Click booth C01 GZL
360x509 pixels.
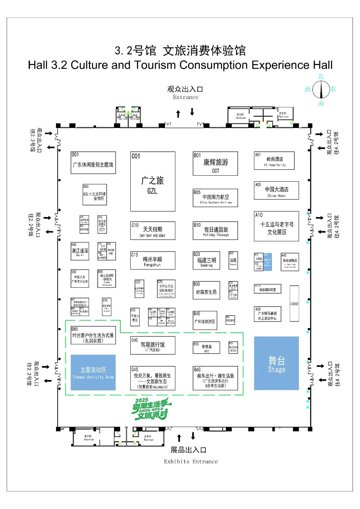point(153,182)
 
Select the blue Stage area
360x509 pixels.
point(276,363)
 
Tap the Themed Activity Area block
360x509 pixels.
point(93,373)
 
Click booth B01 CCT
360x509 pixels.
point(215,164)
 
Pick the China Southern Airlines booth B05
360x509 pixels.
point(215,198)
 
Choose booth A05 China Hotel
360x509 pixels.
point(276,191)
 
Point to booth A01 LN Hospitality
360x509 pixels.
point(274,161)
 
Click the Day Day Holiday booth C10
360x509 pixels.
point(153,231)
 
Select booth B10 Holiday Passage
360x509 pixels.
point(215,231)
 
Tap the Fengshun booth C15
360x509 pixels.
point(153,260)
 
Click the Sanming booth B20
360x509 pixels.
point(206,260)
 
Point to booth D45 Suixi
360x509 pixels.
point(80,251)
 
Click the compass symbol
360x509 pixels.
point(321,89)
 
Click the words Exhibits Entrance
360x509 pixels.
point(191,462)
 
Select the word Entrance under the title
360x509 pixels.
point(186,97)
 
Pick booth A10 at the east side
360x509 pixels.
point(276,226)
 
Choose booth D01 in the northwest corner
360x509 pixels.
point(93,163)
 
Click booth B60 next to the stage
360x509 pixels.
point(215,378)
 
